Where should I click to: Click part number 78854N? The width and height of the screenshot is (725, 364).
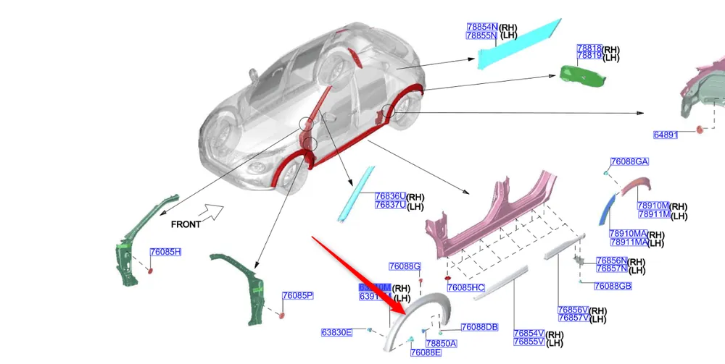(x=482, y=27)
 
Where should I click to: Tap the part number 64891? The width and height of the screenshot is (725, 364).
(x=665, y=135)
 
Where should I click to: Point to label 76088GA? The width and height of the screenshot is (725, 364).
(x=629, y=162)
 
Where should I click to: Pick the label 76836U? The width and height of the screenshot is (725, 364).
(x=390, y=196)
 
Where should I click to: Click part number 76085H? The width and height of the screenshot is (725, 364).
(x=165, y=252)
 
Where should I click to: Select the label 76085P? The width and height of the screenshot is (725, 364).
(x=297, y=295)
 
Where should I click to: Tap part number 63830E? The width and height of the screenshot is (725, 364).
(x=336, y=332)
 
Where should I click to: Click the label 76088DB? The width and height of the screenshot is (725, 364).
(x=479, y=327)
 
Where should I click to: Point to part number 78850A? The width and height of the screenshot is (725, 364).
(x=441, y=343)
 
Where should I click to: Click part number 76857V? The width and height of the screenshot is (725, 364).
(x=573, y=318)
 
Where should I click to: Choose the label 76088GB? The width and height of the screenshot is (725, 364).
(x=613, y=287)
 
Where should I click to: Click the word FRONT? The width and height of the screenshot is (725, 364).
(x=186, y=224)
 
